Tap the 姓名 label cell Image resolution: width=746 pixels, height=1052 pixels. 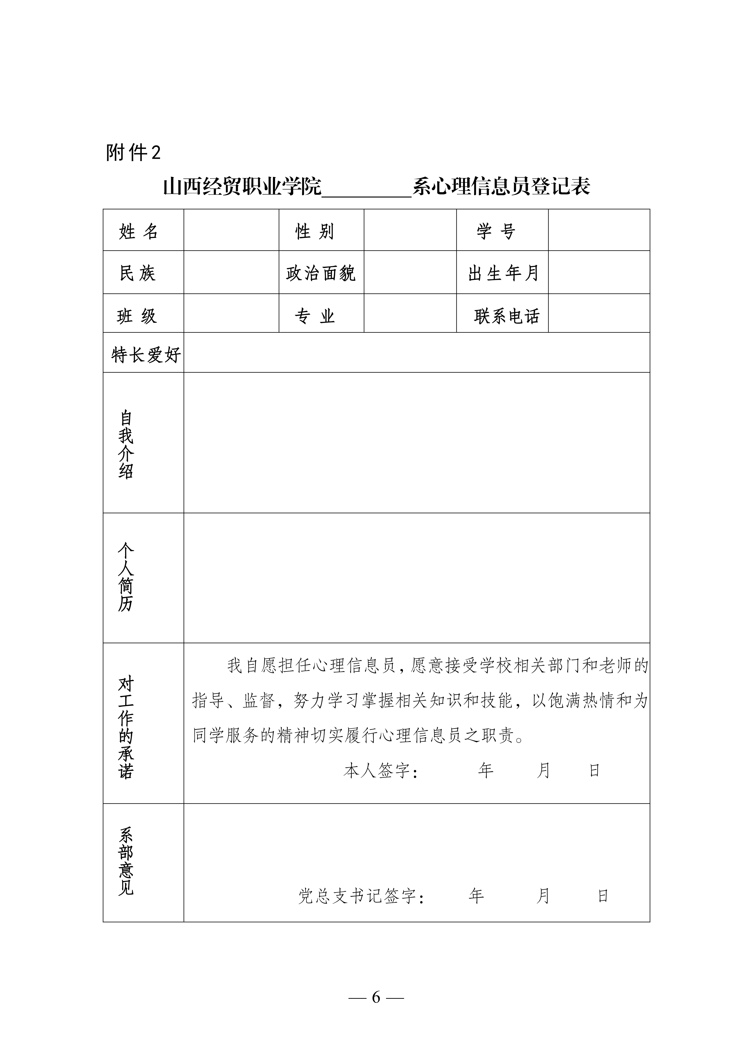[139, 231]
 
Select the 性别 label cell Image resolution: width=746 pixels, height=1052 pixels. [315, 231]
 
